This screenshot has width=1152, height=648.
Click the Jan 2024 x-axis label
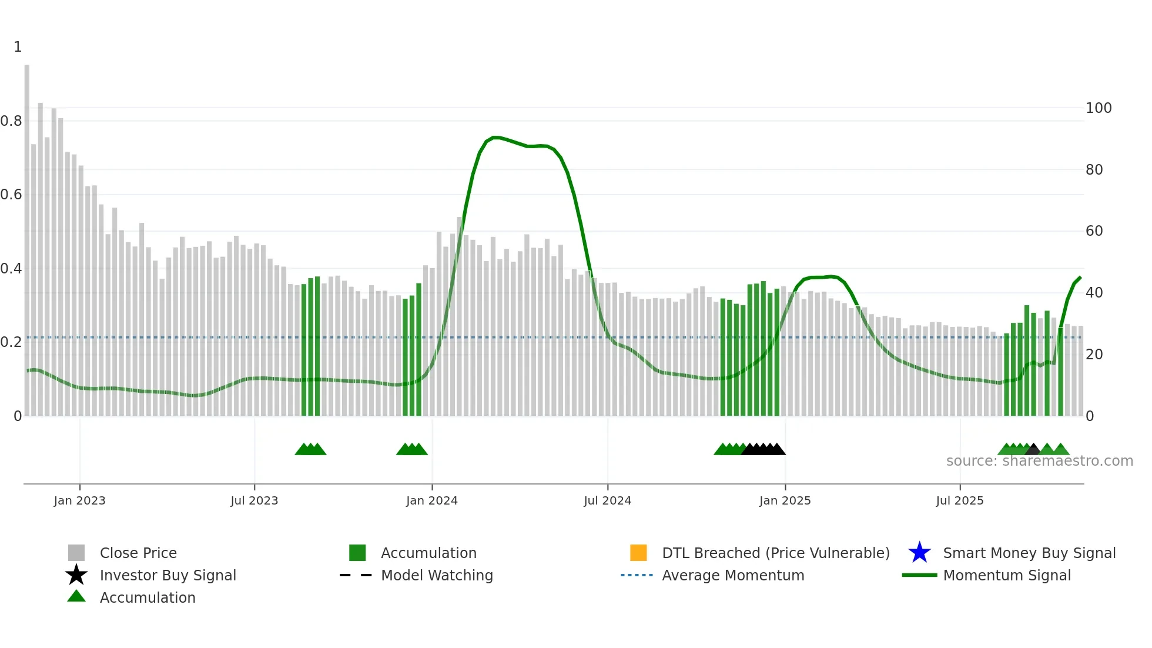pyautogui.click(x=431, y=500)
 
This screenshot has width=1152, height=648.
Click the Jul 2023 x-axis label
pyautogui.click(x=254, y=500)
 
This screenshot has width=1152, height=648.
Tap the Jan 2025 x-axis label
pyautogui.click(x=785, y=500)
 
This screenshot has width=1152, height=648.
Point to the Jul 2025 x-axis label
pyautogui.click(x=959, y=500)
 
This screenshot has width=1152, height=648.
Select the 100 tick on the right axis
pyautogui.click(x=1098, y=108)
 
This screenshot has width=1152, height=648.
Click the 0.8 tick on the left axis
pyautogui.click(x=12, y=121)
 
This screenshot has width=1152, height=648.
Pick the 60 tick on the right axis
pyautogui.click(x=1094, y=231)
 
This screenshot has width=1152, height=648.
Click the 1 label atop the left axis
pyautogui.click(x=18, y=47)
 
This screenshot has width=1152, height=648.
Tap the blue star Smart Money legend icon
pyautogui.click(x=919, y=553)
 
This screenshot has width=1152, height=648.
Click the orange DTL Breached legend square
pyautogui.click(x=638, y=553)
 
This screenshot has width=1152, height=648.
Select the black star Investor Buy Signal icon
pyautogui.click(x=76, y=575)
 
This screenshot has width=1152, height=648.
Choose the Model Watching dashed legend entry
pyautogui.click(x=356, y=575)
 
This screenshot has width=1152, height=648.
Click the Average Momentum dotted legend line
pyautogui.click(x=637, y=575)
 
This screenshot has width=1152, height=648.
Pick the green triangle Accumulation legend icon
pyautogui.click(x=76, y=596)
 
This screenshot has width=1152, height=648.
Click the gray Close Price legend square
pyautogui.click(x=76, y=553)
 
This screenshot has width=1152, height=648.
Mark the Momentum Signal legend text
pyautogui.click(x=1006, y=575)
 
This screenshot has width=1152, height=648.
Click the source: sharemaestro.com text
pyautogui.click(x=1039, y=461)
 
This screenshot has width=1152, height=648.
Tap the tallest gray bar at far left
pyautogui.click(x=27, y=235)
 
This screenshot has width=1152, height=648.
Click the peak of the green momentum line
pyautogui.click(x=495, y=137)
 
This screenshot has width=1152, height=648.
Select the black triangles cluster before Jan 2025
pyautogui.click(x=763, y=449)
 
